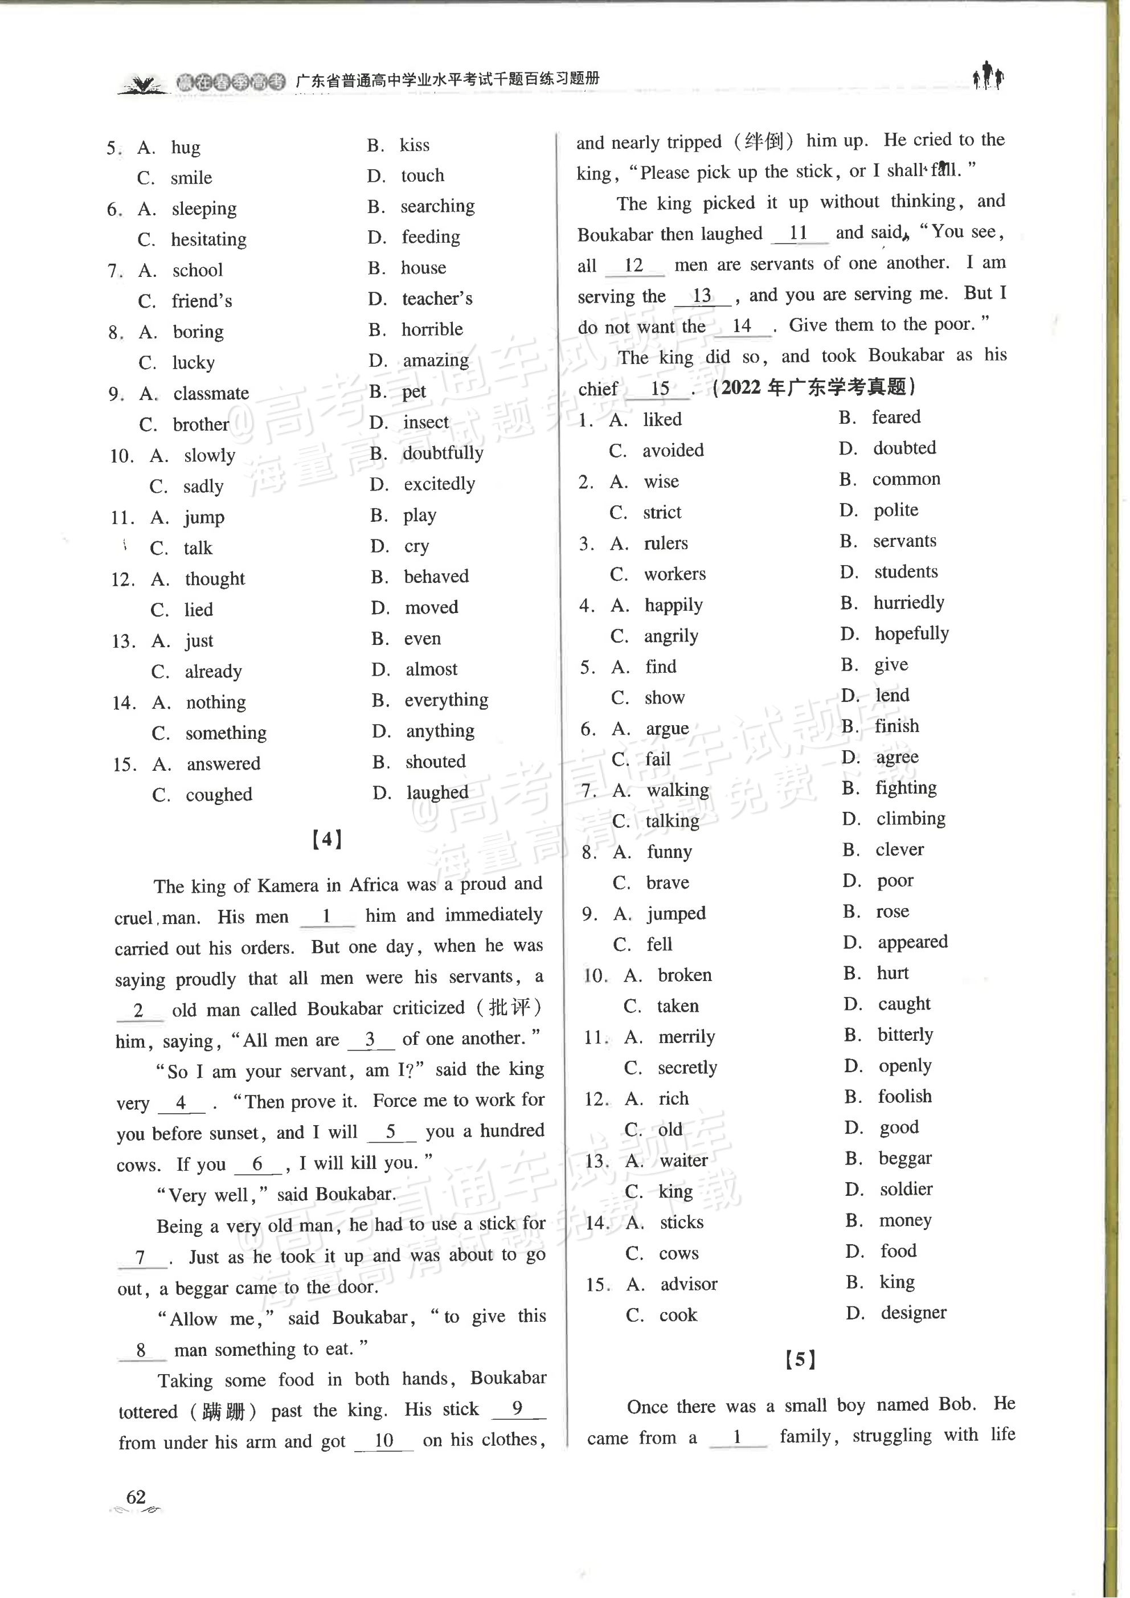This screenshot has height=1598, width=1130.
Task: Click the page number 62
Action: [136, 1497]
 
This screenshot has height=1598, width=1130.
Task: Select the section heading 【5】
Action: [800, 1359]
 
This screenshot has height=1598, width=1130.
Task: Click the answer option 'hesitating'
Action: [209, 239]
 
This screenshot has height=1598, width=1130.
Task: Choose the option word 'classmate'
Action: [211, 393]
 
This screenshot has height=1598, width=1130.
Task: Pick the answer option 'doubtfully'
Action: [443, 453]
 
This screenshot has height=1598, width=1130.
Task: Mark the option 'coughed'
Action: [219, 795]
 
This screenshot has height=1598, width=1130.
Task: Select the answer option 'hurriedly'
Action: [909, 603]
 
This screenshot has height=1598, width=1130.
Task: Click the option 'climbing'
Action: [911, 819]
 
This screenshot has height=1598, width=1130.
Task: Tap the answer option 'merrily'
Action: [687, 1037]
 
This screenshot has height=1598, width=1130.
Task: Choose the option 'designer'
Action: [914, 1313]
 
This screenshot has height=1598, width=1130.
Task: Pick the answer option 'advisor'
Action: [689, 1284]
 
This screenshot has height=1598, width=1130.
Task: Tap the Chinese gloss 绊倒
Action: [763, 141]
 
